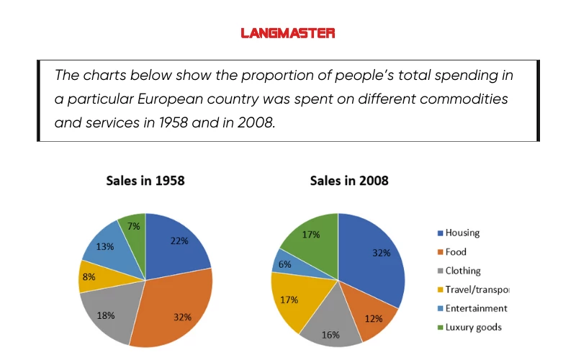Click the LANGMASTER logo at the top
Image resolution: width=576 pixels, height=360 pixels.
tap(288, 33)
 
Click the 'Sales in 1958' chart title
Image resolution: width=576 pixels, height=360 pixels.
tap(145, 181)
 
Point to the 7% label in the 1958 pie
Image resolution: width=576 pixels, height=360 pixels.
tap(134, 226)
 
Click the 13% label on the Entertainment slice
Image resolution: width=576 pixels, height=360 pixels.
tap(104, 246)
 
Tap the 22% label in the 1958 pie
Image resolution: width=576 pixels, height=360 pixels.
tap(179, 241)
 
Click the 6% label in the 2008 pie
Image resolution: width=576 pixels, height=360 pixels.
tap(284, 264)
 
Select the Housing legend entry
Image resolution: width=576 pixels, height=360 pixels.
tap(462, 233)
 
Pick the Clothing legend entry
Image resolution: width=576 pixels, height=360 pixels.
tap(462, 271)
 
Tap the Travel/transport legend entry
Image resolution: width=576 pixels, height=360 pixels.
tap(476, 289)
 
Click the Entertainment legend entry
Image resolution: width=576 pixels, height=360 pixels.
tap(475, 308)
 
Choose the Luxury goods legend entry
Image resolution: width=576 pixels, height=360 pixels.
tap(472, 327)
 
